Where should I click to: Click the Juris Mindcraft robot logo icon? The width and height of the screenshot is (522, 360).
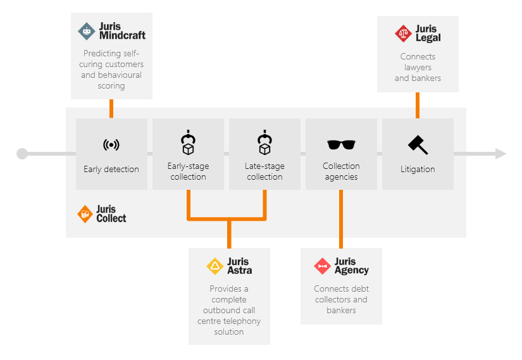pyautogui.click(x=87, y=31)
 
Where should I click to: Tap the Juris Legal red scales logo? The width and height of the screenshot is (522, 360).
pyautogui.click(x=403, y=34)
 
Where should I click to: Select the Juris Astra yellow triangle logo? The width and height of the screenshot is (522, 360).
pyautogui.click(x=215, y=266)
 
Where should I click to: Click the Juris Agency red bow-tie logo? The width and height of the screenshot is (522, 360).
pyautogui.click(x=323, y=266)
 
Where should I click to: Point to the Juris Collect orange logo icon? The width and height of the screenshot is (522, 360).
pyautogui.click(x=85, y=214)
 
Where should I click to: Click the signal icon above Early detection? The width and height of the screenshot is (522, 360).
pyautogui.click(x=111, y=145)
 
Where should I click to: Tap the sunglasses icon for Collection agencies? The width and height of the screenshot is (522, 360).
pyautogui.click(x=341, y=145)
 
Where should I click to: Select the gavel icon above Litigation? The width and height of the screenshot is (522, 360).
pyautogui.click(x=418, y=145)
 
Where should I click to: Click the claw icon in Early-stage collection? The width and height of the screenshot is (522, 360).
pyautogui.click(x=188, y=143)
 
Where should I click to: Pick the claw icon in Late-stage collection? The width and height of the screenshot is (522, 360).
pyautogui.click(x=264, y=143)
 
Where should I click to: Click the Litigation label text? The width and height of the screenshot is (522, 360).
pyautogui.click(x=418, y=170)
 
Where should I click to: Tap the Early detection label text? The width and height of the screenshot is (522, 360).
pyautogui.click(x=111, y=170)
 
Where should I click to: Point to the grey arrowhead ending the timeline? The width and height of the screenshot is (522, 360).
pyautogui.click(x=500, y=154)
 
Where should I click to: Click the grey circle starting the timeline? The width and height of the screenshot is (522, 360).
pyautogui.click(x=22, y=154)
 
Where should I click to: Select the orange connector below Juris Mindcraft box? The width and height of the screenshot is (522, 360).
pyautogui.click(x=111, y=108)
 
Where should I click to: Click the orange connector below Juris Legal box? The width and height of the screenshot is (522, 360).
pyautogui.click(x=418, y=105)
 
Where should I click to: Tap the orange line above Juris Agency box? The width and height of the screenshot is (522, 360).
pyautogui.click(x=341, y=219)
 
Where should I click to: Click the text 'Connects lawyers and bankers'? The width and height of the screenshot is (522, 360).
pyautogui.click(x=418, y=67)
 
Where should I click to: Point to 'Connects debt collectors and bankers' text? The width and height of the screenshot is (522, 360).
pyautogui.click(x=341, y=299)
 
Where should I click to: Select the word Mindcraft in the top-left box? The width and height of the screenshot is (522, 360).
pyautogui.click(x=122, y=36)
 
